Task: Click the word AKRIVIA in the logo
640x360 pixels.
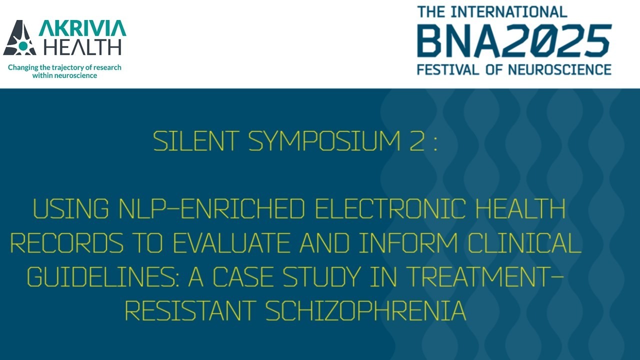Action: [82, 28]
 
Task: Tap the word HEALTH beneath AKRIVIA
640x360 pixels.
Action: [82, 47]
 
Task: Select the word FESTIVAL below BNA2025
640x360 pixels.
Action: [448, 69]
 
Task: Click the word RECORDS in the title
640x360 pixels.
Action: [67, 243]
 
